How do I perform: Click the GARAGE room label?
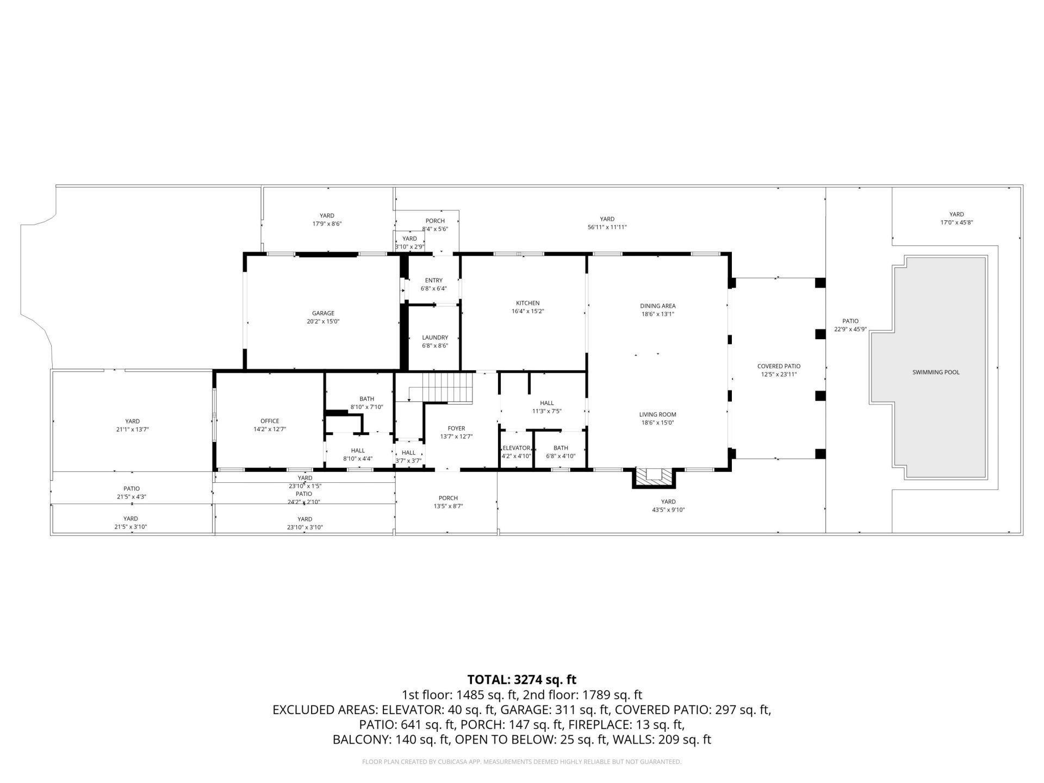323,313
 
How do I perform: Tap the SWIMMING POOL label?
936,372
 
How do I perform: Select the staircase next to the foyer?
449,387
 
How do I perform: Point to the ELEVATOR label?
516,448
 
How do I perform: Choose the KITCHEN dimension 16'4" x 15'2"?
527,312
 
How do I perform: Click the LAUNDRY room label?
435,338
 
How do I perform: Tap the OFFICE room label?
270,421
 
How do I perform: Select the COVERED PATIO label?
779,366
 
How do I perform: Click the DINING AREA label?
657,306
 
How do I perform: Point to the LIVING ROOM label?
657,415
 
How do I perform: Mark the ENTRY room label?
433,281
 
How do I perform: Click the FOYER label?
456,428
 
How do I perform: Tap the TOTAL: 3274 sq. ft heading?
521,680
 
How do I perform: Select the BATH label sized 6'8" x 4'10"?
561,448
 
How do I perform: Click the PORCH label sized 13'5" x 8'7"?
448,498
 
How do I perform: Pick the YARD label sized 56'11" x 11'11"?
607,219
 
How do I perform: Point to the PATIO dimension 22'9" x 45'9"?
850,330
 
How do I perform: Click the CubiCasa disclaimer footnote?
521,762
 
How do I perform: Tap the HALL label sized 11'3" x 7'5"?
546,403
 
